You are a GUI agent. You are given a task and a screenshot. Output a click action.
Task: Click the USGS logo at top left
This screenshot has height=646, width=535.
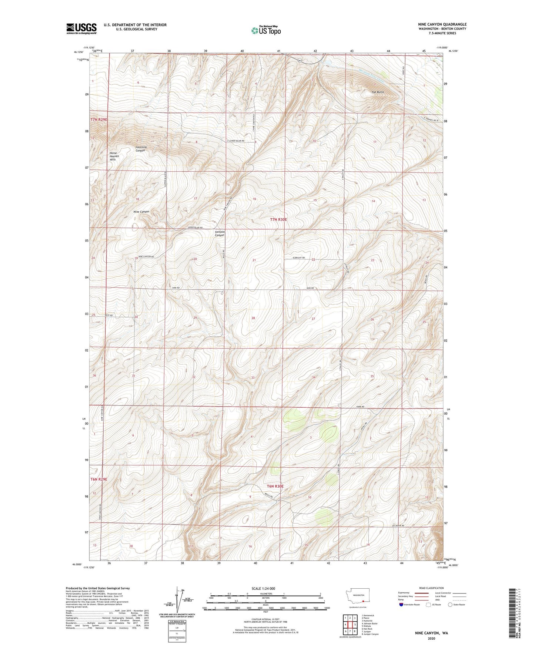[x=81, y=28]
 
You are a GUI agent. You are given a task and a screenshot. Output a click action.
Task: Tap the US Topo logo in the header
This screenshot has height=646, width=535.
[x=265, y=30]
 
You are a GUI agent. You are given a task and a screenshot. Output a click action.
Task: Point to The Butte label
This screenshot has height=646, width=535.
[x=378, y=92]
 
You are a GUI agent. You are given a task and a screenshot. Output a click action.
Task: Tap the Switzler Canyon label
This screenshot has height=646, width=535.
[x=220, y=233]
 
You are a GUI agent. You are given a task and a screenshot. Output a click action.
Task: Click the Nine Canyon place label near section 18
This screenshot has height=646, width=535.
[x=141, y=212]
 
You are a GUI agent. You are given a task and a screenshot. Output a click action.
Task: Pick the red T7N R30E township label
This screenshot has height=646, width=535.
[x=278, y=219]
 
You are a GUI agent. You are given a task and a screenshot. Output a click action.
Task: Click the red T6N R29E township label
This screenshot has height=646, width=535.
[x=99, y=479]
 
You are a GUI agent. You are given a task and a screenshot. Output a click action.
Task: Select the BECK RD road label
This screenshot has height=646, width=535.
[x=108, y=315]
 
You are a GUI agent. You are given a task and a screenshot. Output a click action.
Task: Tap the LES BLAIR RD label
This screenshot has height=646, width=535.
[x=398, y=525]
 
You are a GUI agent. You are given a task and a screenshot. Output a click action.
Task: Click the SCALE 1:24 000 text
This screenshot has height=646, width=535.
[x=263, y=588]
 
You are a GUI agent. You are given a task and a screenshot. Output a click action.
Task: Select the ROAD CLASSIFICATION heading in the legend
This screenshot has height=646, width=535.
[x=432, y=588]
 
